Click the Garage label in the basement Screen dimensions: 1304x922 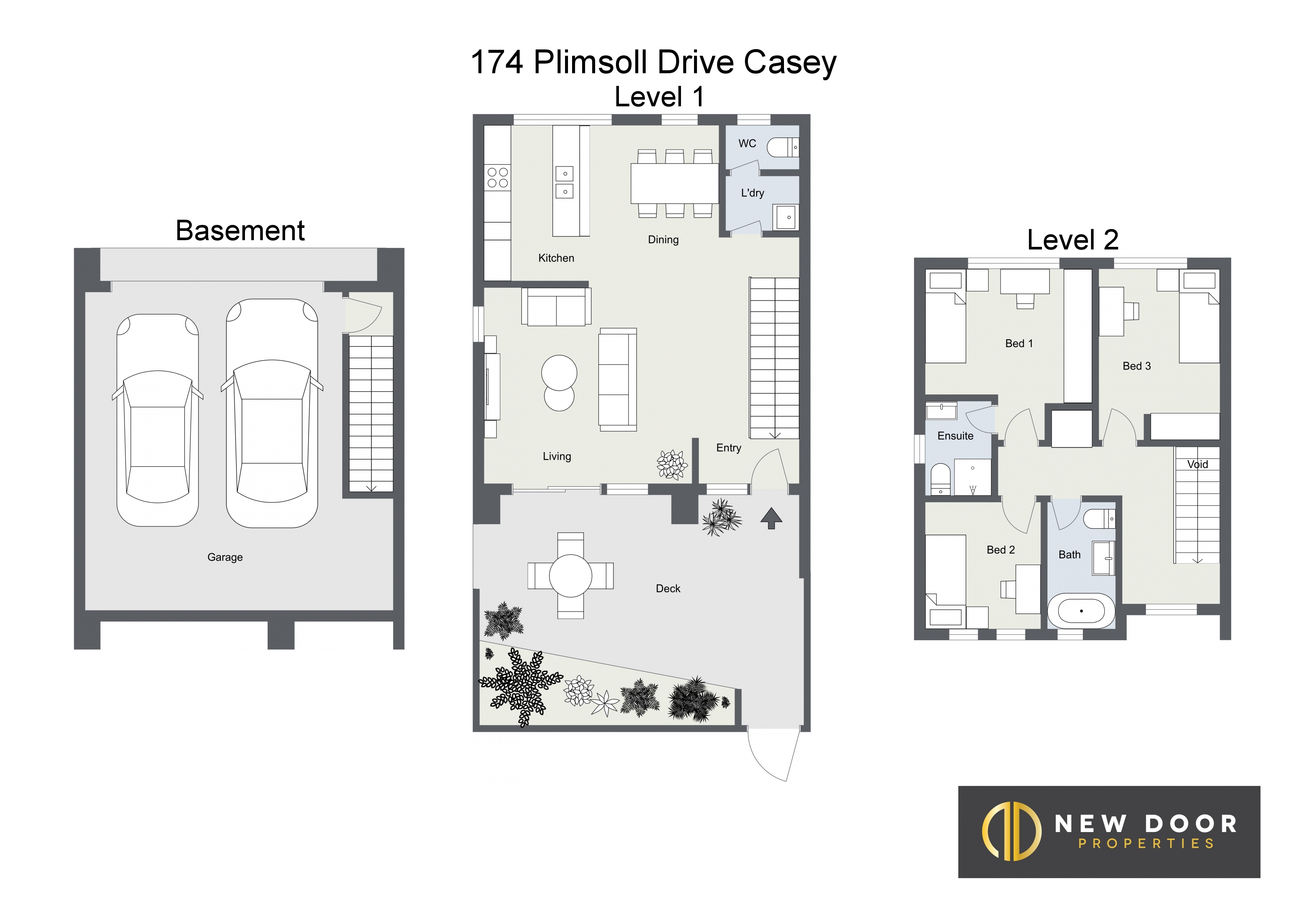225,557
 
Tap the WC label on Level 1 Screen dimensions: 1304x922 748,144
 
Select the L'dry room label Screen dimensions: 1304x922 752,193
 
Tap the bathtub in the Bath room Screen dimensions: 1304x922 1081,611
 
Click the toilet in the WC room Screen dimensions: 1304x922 782,148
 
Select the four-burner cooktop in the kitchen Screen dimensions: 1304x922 497,177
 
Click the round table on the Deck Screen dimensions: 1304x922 571,576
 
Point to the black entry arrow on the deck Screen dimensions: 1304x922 771,518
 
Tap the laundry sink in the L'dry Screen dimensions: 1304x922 786,217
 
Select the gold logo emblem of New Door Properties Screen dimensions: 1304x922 1011,831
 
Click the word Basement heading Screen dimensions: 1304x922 240,230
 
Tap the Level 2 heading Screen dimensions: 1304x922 1073,240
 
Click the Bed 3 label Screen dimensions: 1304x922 1136,367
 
